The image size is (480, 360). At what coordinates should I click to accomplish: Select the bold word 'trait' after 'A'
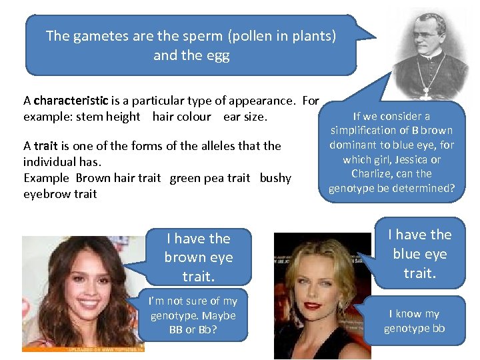[x=45, y=145]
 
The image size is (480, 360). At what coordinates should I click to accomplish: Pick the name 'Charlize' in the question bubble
[x=373, y=174]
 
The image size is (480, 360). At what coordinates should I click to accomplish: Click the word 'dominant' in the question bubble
[x=357, y=145]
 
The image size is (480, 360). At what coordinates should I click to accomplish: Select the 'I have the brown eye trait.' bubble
[x=198, y=257]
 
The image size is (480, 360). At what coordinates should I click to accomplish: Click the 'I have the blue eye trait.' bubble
[x=419, y=253]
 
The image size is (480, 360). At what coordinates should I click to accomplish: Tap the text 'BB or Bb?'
[x=193, y=330]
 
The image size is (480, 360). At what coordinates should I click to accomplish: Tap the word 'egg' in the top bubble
[x=219, y=55]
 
